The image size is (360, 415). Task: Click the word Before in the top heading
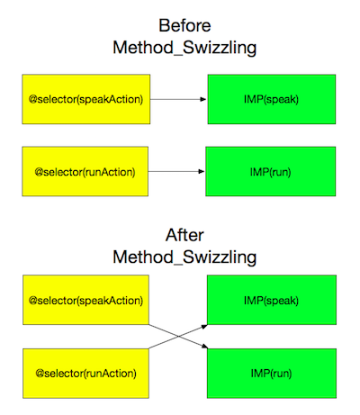coord(184,25)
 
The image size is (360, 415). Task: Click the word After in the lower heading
coord(184,235)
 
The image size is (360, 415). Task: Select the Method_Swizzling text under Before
coord(184,48)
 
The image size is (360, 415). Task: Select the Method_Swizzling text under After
coord(184,257)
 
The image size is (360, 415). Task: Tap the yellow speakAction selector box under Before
coord(86,99)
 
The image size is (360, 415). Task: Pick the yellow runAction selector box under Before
coord(85,172)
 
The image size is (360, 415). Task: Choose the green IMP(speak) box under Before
coord(272,99)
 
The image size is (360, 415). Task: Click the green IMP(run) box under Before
coord(271,172)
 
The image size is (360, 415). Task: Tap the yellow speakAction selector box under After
coord(85,300)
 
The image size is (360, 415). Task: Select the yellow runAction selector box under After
coord(85,374)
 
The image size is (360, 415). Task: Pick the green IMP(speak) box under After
coord(272,300)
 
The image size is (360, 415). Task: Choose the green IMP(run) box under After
coord(272,374)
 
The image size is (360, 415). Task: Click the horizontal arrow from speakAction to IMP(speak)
coord(178,99)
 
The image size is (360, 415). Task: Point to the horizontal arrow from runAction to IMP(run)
coord(176,172)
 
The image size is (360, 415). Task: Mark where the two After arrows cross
coord(178,337)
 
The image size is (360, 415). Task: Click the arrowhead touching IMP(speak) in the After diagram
coord(204,327)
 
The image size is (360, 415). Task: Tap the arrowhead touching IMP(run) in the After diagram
coord(204,347)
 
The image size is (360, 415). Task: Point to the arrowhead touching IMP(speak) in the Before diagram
coord(203,99)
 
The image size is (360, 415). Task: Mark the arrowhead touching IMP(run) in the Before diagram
coord(202,172)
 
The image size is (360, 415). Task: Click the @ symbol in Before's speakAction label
coord(33,99)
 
